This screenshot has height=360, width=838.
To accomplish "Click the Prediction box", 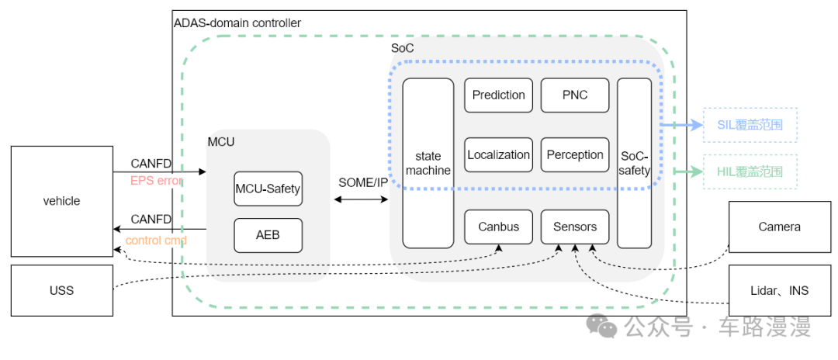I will (x=498, y=95).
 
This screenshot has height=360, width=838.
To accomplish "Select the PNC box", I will (x=574, y=95).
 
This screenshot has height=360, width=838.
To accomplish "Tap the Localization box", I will (x=498, y=155).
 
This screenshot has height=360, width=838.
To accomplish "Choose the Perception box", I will (x=574, y=155).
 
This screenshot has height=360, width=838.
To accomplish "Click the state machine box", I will (x=428, y=163).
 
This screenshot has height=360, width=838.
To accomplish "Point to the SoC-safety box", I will (x=634, y=163).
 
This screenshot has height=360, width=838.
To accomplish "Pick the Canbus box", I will (x=498, y=227).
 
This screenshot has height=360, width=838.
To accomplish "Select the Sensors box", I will (x=574, y=227).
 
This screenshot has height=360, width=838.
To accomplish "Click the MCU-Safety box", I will (x=268, y=189).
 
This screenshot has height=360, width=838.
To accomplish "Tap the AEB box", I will (x=268, y=235).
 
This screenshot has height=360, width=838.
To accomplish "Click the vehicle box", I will (x=61, y=201).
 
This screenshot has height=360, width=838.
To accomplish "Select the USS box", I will (x=61, y=290).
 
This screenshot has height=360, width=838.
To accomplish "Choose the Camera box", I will (x=779, y=227).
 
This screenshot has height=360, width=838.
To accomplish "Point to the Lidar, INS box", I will (x=779, y=290).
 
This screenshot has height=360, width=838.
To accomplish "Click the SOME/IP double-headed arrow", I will (x=362, y=199).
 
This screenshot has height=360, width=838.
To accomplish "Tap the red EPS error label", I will (x=156, y=181).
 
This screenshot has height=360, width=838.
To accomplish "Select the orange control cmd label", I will (x=155, y=241).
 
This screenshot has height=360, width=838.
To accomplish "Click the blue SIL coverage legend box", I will (x=750, y=125).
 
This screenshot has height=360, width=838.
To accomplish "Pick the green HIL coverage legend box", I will (x=750, y=171).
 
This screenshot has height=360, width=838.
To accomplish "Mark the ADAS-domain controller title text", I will (x=237, y=23).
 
